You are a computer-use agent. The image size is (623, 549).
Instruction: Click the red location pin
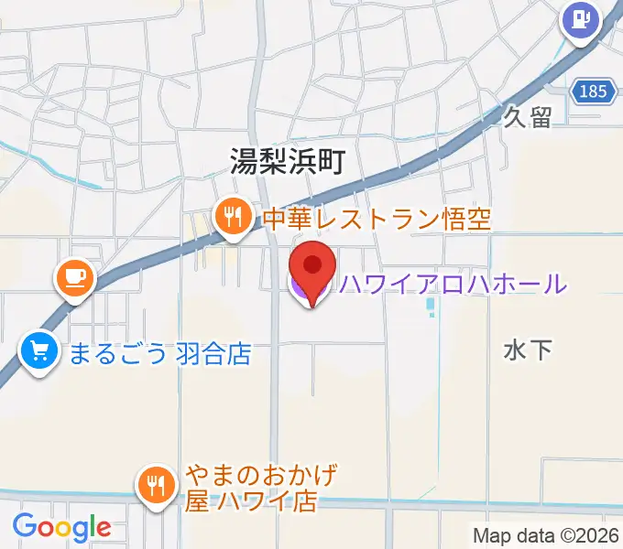point(312,267)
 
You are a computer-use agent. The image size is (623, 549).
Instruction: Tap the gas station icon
point(581,18)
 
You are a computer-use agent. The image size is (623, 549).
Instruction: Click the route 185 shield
point(593,91)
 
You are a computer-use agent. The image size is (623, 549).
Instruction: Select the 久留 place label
point(528,117)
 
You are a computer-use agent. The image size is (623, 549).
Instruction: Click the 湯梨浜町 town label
point(286,162)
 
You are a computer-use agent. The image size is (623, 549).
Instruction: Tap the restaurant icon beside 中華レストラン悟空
point(233,218)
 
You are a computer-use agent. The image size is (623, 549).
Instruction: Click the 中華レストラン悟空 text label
point(377,219)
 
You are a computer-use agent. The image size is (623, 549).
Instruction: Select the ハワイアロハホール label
point(453,284)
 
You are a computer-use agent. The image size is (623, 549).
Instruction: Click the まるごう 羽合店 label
point(159,352)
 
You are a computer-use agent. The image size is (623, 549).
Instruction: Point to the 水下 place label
point(528,349)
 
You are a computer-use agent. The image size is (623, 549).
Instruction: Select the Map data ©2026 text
point(545,535)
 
